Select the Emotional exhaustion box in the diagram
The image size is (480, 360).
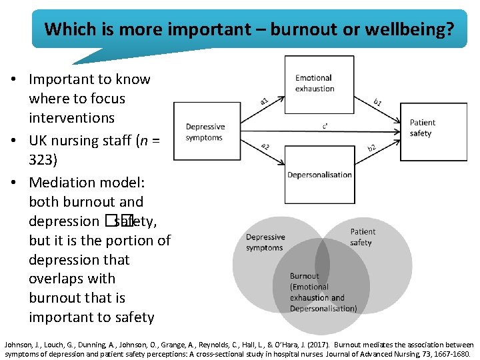319,84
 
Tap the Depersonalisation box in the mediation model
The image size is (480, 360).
319,175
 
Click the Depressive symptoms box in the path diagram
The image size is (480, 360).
205,132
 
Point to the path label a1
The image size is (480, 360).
265,101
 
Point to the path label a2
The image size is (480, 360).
265,146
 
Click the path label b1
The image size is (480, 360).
377,101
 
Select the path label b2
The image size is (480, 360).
372,147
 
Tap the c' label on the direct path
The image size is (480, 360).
324,124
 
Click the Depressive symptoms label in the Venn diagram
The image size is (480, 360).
265,242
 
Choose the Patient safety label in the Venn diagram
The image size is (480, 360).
363,237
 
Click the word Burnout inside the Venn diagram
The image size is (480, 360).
304,276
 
